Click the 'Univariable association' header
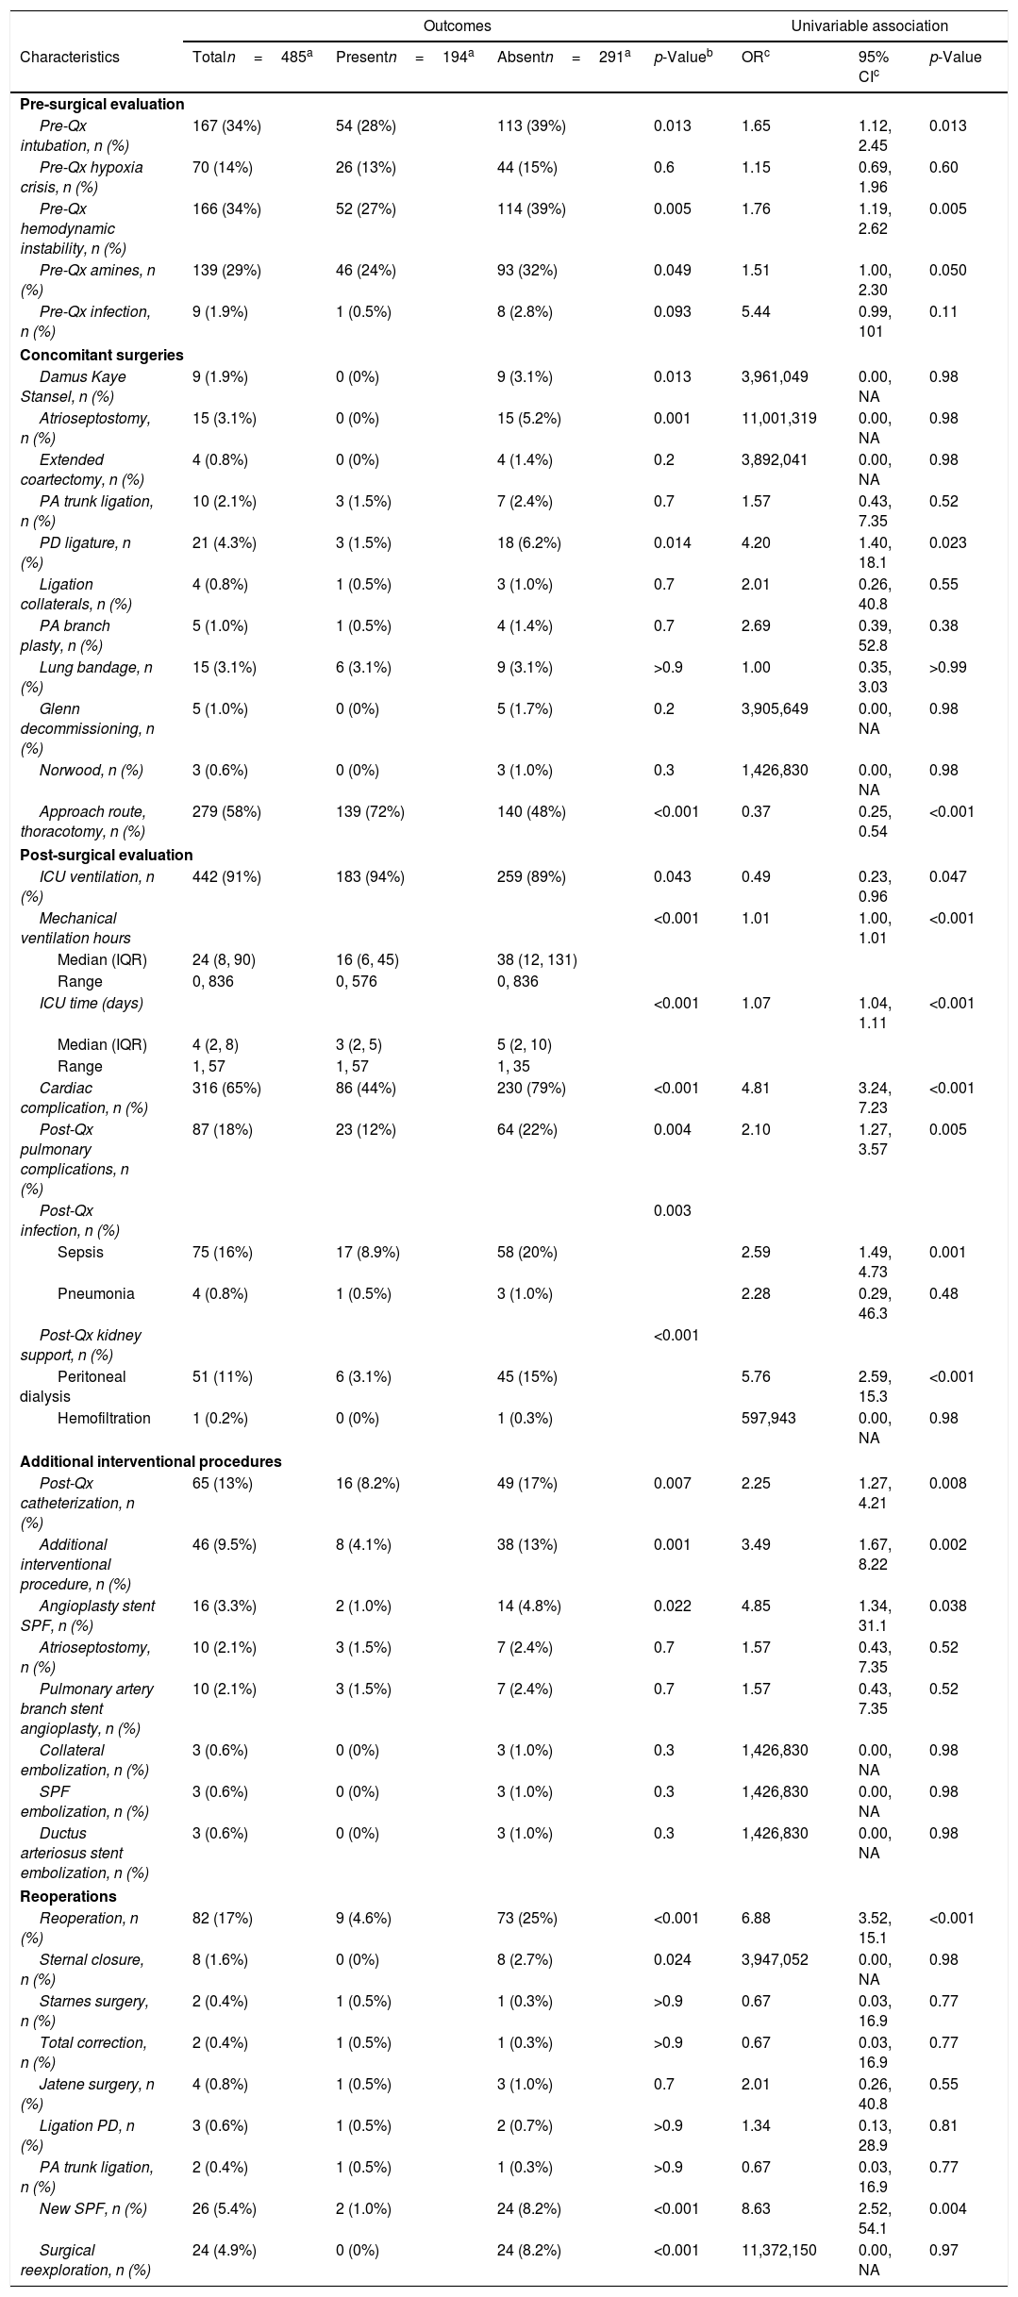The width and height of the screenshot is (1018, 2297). [869, 26]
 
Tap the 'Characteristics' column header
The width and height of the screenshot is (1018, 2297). [70, 57]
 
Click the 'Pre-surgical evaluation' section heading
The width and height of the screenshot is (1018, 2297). [102, 104]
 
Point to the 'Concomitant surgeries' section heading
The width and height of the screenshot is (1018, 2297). [101, 356]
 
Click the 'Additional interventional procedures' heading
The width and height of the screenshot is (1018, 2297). [151, 1461]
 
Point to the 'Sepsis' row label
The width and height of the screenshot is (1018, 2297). [80, 1253]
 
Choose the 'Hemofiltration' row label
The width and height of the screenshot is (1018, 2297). [104, 1418]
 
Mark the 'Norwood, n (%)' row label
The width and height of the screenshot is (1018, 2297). [92, 770]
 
